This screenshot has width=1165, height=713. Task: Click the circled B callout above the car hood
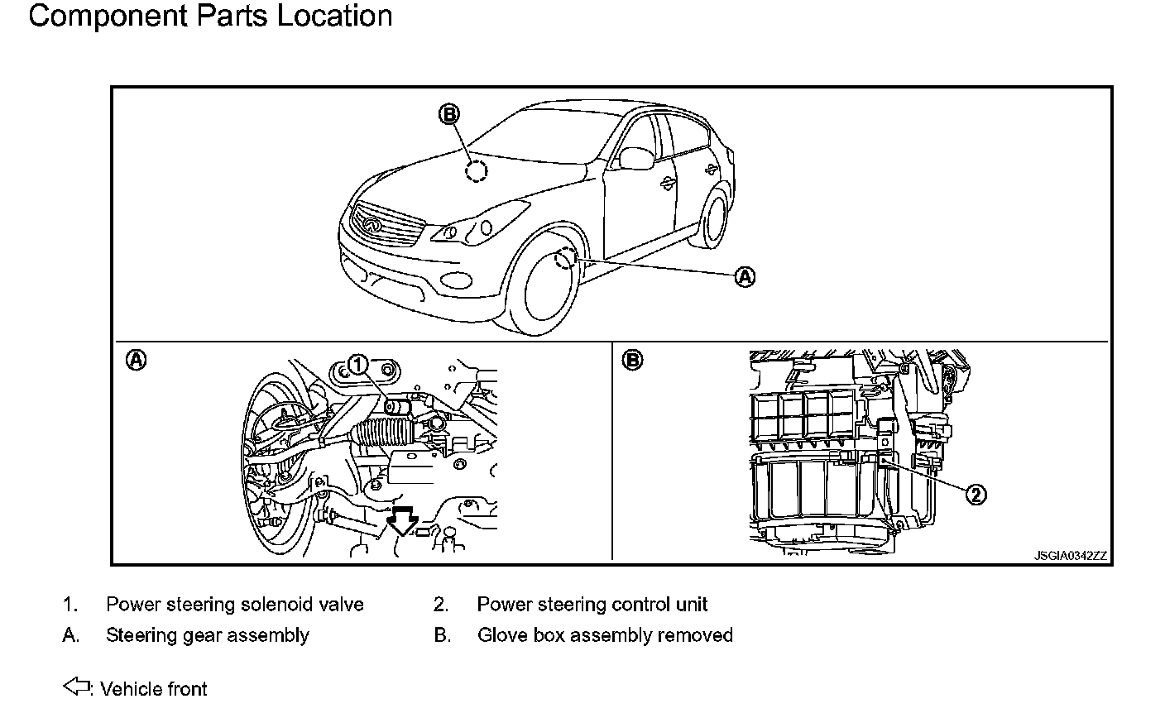(449, 114)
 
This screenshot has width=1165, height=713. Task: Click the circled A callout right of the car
(745, 276)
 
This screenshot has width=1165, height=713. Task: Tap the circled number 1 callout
(357, 365)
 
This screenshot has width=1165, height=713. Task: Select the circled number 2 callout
(976, 494)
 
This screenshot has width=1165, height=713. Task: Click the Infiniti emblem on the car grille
(371, 224)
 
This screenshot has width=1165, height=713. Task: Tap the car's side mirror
(636, 158)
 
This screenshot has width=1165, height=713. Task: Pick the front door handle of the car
(666, 182)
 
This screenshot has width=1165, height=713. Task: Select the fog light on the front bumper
(456, 280)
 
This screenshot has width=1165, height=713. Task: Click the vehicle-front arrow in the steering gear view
(403, 520)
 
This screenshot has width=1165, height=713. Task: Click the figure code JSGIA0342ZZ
(1071, 556)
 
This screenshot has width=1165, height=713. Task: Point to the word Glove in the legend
(502, 635)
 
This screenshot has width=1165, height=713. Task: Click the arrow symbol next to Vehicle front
(76, 686)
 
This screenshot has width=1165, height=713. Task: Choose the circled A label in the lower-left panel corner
(137, 360)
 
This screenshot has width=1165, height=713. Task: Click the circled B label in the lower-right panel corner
(632, 360)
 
